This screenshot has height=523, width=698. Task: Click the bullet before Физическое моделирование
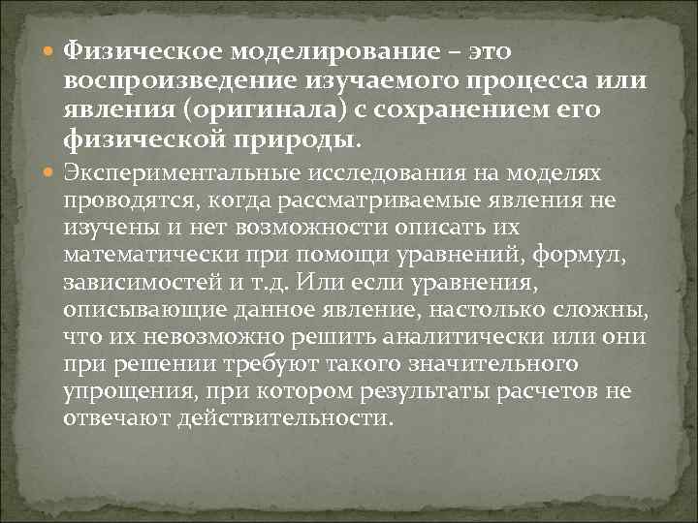[51, 48]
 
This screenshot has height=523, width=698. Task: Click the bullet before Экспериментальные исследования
[51, 172]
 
